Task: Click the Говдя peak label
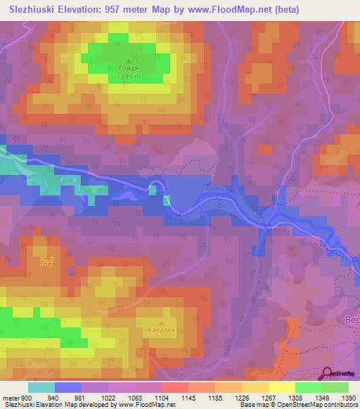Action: point(128,68)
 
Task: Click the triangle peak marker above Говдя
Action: point(128,60)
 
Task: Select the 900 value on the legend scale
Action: point(25,398)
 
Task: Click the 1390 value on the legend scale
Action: point(348,398)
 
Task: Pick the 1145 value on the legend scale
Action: point(188,398)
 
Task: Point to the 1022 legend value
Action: point(108,398)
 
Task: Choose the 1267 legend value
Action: point(268,398)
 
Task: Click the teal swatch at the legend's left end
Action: point(41,387)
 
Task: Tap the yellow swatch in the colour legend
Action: point(281,387)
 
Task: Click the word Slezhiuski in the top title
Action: point(34,10)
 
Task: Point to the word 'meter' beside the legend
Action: point(11,398)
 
